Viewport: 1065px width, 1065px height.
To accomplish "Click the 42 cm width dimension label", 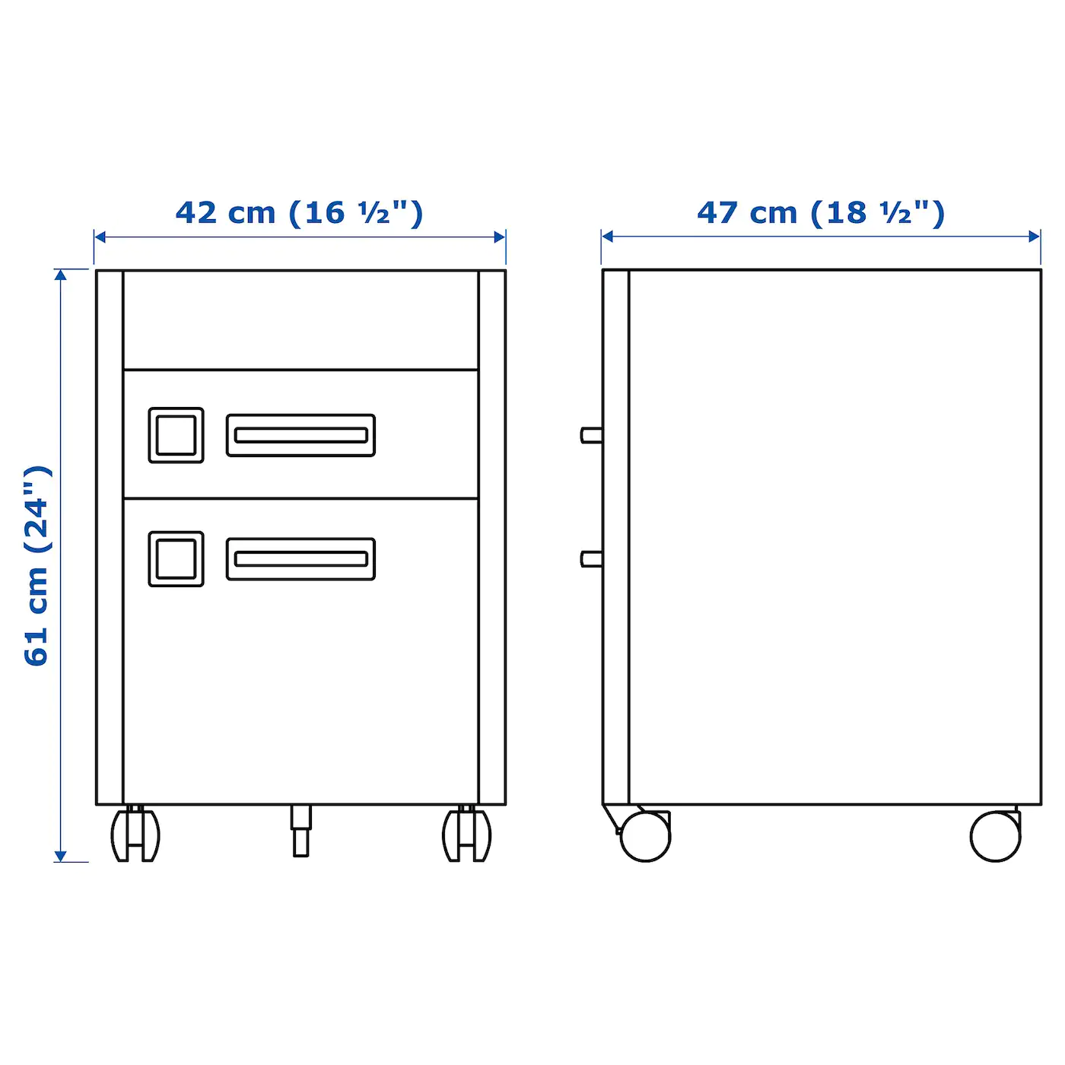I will pos(299,213).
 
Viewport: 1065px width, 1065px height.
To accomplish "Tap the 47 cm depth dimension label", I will pos(821,213).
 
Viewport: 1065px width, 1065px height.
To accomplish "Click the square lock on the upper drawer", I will pos(176,435).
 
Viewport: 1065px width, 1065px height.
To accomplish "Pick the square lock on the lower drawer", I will pos(176,559).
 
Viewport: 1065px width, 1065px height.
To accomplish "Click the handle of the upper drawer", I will pos(300,435).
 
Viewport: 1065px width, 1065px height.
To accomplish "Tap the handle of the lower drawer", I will pos(300,559).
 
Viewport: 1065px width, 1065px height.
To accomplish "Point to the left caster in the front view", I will pos(135,835).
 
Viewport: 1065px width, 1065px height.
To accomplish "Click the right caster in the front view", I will pos(466,835).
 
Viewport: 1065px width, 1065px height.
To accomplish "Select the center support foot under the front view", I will pos(301,831).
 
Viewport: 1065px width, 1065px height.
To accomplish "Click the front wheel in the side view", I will pos(645,836).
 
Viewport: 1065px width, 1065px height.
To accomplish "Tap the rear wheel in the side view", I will pos(995,836).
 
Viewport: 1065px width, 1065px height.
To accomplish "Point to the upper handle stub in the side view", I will pos(591,435).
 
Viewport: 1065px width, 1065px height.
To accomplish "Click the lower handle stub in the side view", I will pos(591,559).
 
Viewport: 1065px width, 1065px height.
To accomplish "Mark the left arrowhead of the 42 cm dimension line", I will pos(100,237).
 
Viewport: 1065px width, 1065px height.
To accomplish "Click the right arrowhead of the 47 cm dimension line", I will pos(1035,237).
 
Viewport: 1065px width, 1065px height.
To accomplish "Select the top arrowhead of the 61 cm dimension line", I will pos(61,275).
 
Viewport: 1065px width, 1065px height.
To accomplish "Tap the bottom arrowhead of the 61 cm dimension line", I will pos(61,856).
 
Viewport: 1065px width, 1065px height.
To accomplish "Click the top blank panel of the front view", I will pos(300,320).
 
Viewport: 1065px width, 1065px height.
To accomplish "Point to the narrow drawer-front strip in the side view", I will pos(616,536).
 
